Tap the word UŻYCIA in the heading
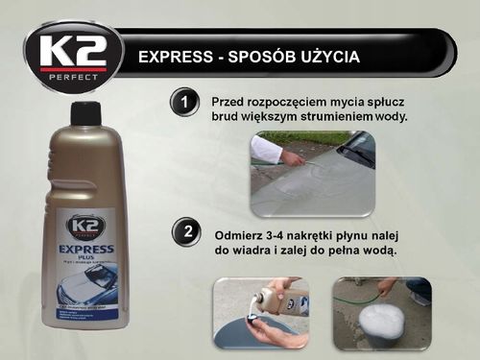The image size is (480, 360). (324, 57)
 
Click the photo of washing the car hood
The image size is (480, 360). (312, 174)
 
